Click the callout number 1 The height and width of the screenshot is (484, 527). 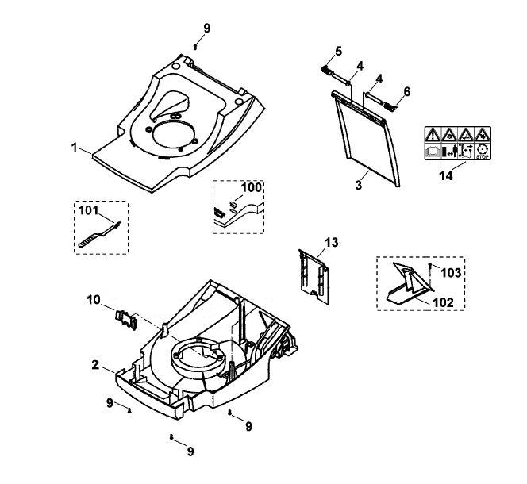click(x=75, y=148)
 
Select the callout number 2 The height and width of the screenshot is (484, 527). click(x=95, y=365)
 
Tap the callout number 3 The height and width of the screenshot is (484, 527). click(x=359, y=185)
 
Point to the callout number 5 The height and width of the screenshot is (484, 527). click(x=338, y=52)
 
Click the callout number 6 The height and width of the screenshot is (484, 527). click(x=406, y=91)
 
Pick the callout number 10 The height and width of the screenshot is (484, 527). click(x=94, y=299)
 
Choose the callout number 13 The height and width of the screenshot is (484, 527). click(x=332, y=242)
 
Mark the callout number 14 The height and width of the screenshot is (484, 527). click(x=446, y=175)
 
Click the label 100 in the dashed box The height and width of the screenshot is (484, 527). click(x=252, y=187)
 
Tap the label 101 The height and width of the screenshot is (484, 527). click(x=88, y=210)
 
